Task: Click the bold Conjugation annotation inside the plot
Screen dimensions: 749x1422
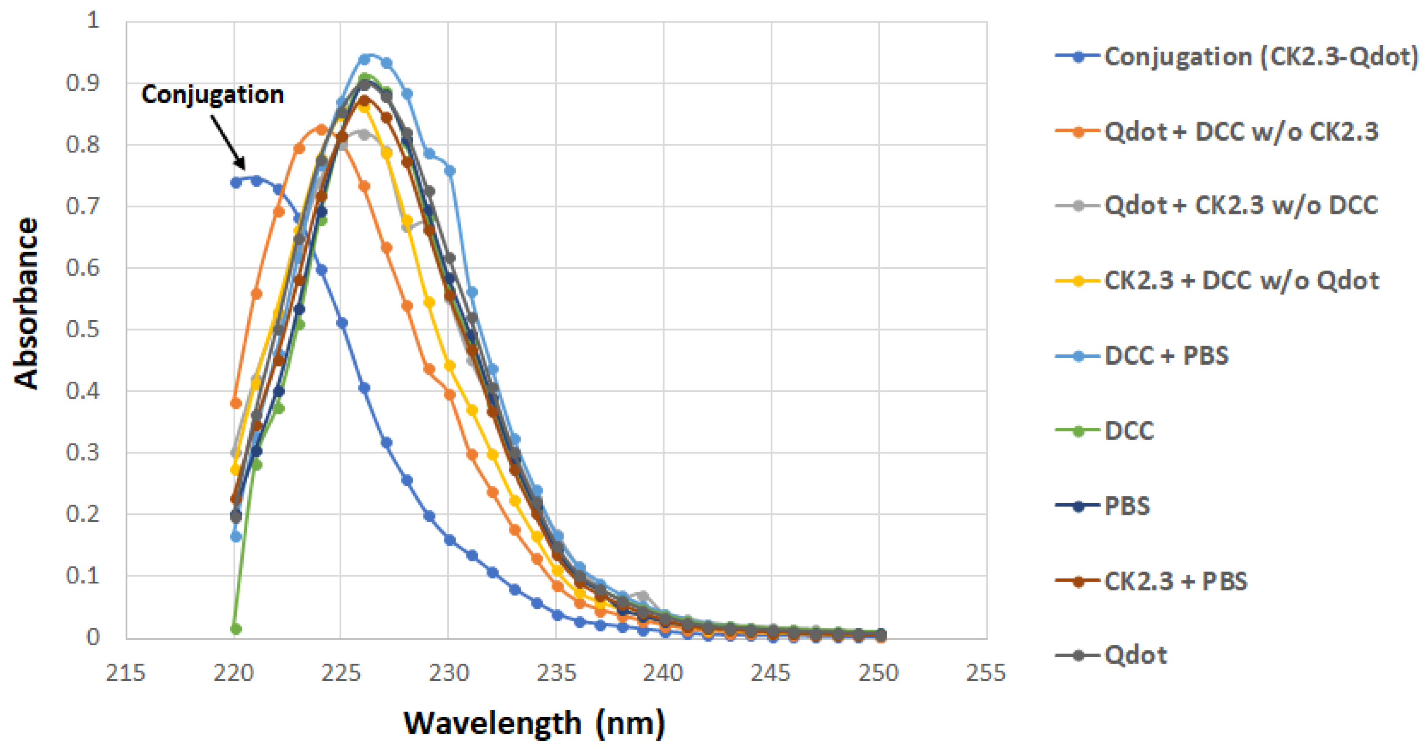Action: pyautogui.click(x=213, y=95)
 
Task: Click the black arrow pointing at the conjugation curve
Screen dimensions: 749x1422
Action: pyautogui.click(x=228, y=142)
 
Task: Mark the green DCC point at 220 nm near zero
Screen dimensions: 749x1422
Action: pyautogui.click(x=236, y=629)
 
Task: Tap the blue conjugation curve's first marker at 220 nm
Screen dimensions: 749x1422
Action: pyautogui.click(x=236, y=183)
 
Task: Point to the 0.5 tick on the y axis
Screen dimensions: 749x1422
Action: pyautogui.click(x=82, y=329)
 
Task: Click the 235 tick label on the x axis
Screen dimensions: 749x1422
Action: pyautogui.click(x=556, y=673)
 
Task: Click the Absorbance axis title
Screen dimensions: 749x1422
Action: pyautogui.click(x=26, y=304)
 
